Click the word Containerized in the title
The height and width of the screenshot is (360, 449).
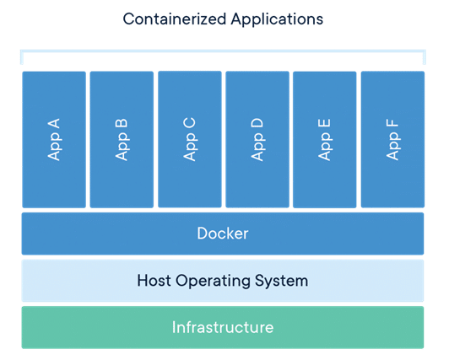pos(175,19)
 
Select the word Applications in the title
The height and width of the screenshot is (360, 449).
pos(277,20)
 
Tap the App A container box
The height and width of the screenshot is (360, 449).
pos(54,140)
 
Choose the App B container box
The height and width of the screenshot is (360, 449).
pos(122,140)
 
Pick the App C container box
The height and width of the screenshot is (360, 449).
pos(190,139)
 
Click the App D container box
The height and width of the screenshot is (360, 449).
pos(257,139)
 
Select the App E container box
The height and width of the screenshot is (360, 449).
pos(325,140)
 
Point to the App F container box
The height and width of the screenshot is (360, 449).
pos(393,139)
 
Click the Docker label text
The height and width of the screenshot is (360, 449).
pos(223,234)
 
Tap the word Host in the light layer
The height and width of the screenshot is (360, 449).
pos(154,280)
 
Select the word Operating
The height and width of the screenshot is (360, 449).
pos(213,281)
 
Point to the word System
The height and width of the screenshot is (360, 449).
pos(282,281)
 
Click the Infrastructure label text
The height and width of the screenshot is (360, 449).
pos(223,327)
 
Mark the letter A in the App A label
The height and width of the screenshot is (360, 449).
pos(53,124)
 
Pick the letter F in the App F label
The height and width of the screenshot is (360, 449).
pos(392,123)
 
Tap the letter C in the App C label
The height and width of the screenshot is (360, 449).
pos(189,123)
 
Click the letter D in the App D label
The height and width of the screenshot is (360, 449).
pos(257,123)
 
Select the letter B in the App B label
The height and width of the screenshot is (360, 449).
pos(122,124)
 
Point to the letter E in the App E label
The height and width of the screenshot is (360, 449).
pos(324,124)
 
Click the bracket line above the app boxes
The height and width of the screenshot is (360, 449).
pos(223,51)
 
